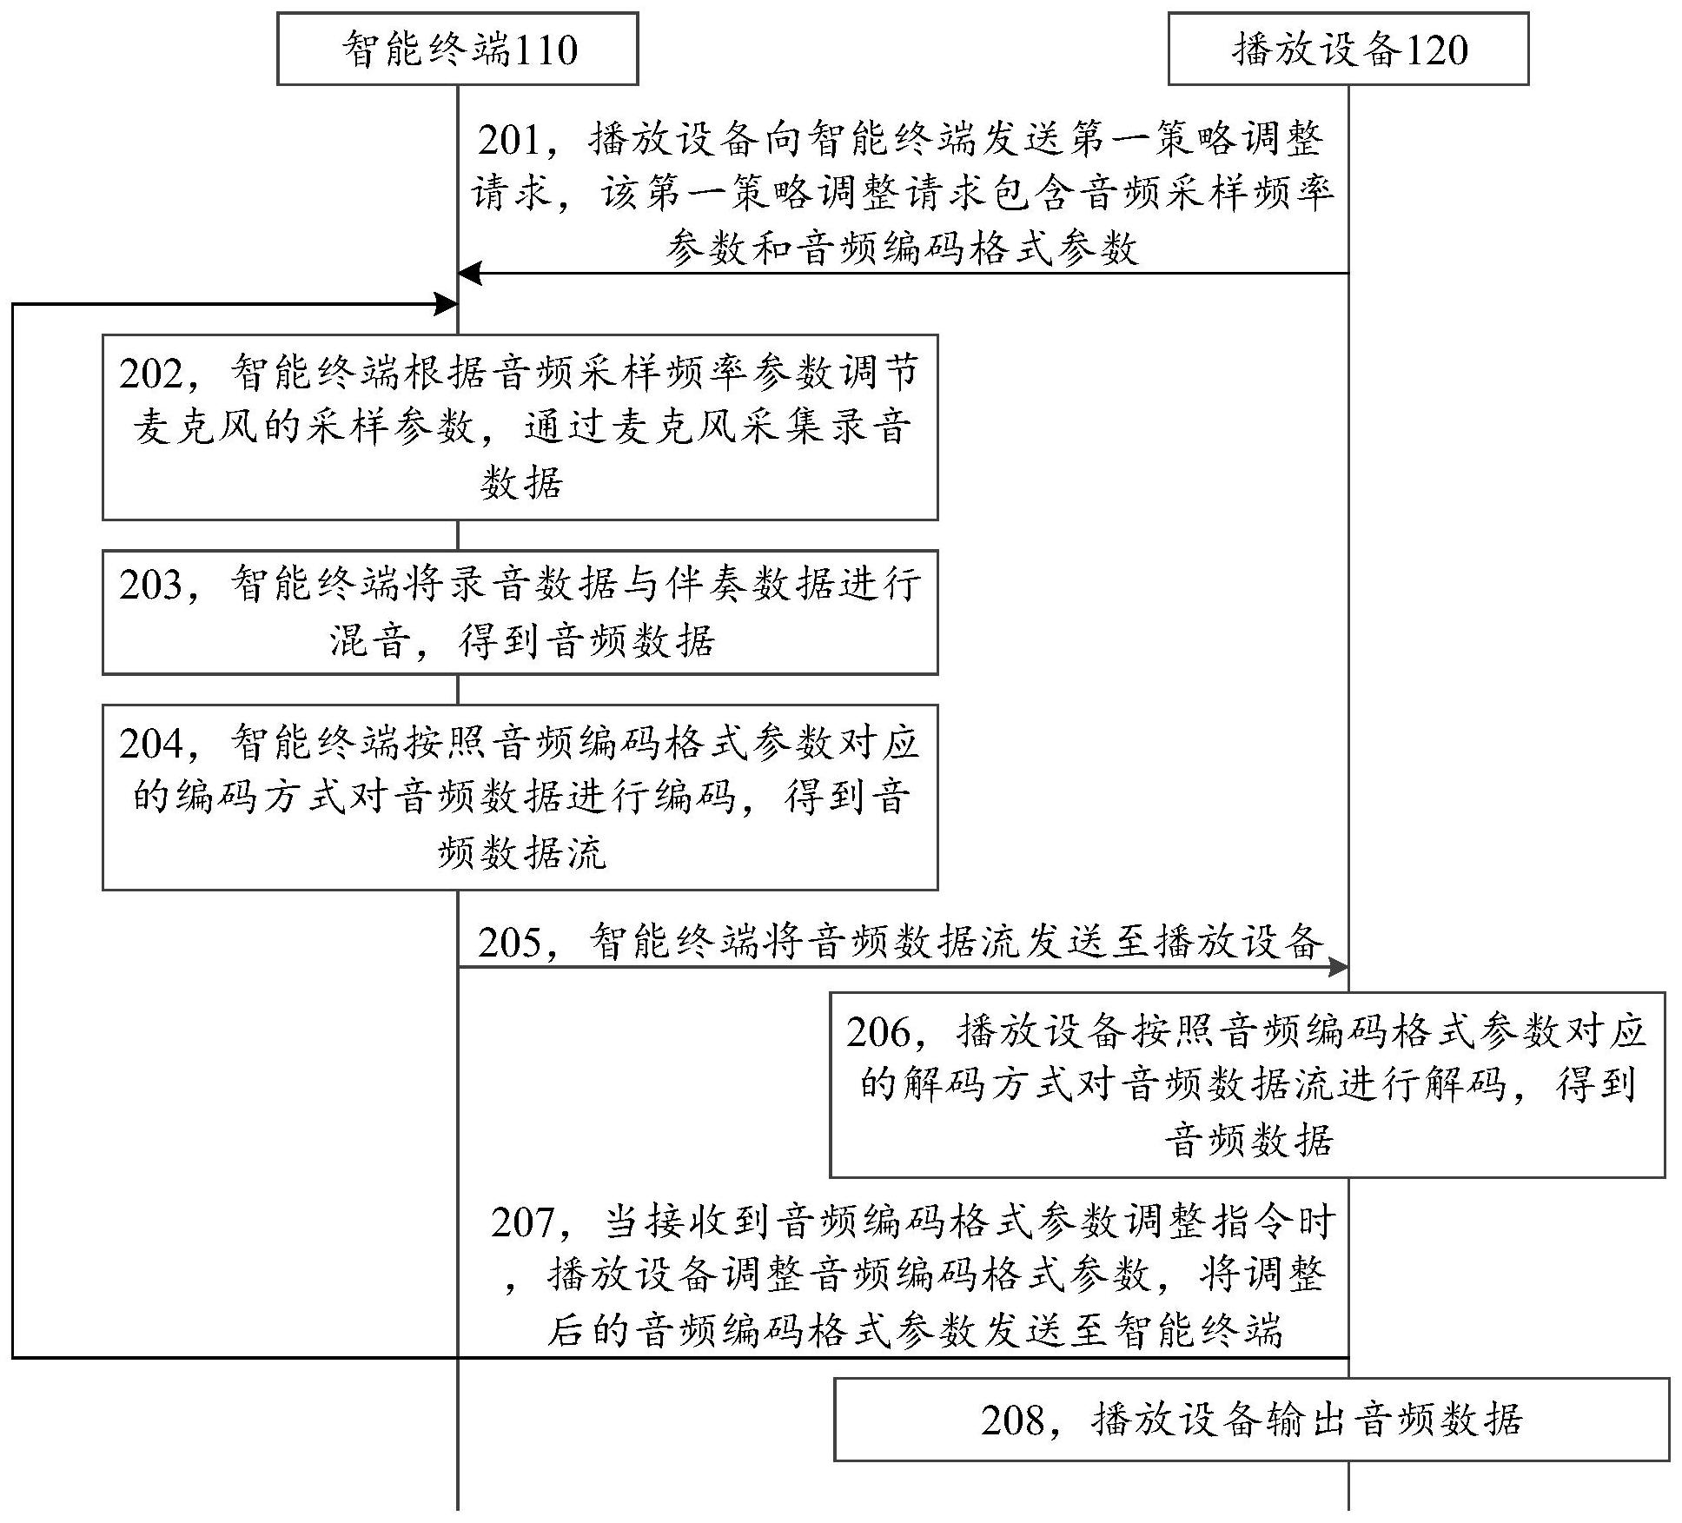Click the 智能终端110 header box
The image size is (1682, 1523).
(x=457, y=49)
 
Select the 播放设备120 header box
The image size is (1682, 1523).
(x=1348, y=49)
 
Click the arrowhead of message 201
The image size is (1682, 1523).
(x=469, y=274)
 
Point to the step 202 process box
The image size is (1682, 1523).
(x=520, y=427)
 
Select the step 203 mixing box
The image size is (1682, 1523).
(x=520, y=612)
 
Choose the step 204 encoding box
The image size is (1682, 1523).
(x=520, y=797)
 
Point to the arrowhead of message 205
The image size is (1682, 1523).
(x=1337, y=967)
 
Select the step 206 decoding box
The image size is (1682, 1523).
(x=1247, y=1084)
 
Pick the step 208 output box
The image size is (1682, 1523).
(x=1251, y=1419)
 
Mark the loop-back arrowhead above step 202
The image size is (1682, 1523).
(x=446, y=304)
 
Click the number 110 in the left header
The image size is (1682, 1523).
(x=546, y=50)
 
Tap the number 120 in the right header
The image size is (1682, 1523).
(x=1436, y=50)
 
